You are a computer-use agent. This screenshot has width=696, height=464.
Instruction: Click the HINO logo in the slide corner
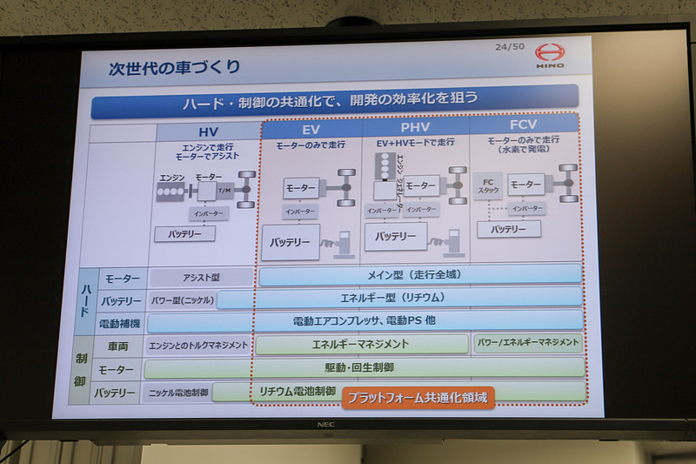tap(549, 55)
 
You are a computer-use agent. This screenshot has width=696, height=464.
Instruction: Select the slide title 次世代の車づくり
tap(174, 67)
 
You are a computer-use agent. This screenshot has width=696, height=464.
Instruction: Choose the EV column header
tap(311, 128)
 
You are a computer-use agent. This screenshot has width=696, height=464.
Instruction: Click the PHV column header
tap(415, 128)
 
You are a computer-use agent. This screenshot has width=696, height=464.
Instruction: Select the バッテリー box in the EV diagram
tap(290, 243)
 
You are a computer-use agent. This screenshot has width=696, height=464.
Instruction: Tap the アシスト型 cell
tap(201, 278)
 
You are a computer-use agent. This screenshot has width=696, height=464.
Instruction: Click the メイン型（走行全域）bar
tap(419, 275)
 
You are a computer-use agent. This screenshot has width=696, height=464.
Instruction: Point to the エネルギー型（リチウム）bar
tap(400, 299)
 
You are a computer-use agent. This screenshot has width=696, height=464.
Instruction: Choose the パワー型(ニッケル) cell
tap(182, 300)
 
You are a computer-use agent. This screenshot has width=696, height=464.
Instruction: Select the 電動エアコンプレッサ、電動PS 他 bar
tap(365, 321)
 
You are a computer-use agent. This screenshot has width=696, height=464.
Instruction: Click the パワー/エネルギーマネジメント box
tap(528, 343)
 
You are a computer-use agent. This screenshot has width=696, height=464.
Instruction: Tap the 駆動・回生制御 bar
tap(365, 367)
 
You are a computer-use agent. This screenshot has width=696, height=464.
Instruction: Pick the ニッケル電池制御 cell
tap(179, 393)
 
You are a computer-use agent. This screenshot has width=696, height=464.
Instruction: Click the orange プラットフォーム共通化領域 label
tap(418, 398)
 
